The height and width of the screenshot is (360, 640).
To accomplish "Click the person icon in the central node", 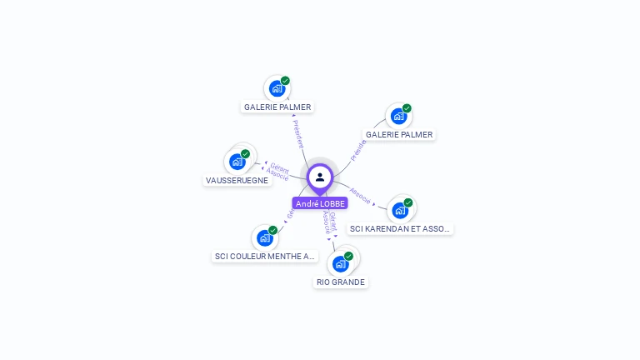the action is tap(320, 177).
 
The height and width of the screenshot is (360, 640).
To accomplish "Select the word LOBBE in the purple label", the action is tap(332, 203).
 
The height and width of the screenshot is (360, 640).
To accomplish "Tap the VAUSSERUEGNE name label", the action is tap(237, 180).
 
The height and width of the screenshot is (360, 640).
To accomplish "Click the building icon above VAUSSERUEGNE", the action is tap(236, 162).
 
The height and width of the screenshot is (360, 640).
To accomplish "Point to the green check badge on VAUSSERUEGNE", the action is tap(245, 153).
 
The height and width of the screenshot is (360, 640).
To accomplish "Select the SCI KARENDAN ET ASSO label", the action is tap(401, 228).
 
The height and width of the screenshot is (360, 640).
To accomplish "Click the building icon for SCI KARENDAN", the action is tap(400, 210).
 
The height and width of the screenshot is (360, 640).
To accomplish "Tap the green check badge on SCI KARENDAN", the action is tap(408, 202).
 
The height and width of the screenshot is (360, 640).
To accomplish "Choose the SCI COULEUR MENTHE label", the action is tap(265, 256).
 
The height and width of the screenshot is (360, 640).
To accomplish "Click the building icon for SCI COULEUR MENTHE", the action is tap(265, 238).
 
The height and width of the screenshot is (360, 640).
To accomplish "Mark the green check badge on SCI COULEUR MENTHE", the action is tap(273, 230).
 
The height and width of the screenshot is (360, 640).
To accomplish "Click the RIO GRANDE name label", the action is tap(341, 282).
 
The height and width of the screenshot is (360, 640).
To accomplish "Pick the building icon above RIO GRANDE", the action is tap(340, 264).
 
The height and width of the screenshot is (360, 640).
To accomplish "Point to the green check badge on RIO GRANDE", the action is tap(348, 256).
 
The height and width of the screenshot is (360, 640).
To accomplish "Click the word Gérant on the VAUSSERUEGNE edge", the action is tap(280, 167).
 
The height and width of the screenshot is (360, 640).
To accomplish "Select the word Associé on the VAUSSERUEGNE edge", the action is tap(277, 175).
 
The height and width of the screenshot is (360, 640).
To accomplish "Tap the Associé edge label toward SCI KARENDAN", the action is tap(361, 194).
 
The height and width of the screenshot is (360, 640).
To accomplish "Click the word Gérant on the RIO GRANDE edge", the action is tap(333, 221).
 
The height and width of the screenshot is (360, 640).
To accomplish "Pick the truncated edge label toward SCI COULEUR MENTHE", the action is tap(290, 214).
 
